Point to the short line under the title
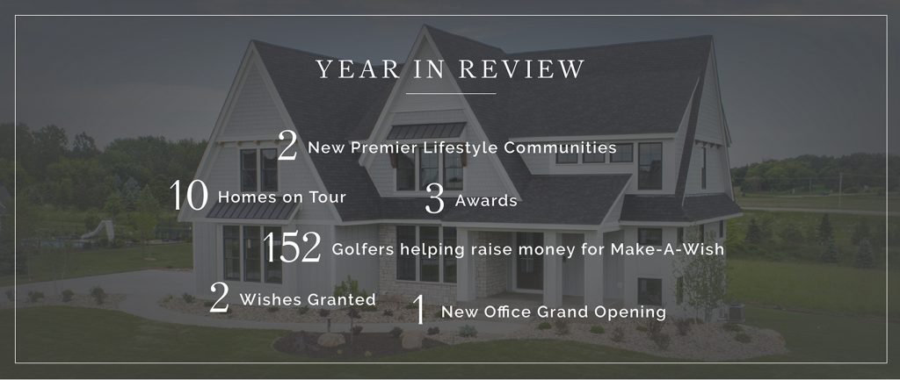point(451,93)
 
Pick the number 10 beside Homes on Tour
point(189,195)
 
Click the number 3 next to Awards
point(435,199)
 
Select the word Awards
point(486,201)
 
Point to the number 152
point(292,247)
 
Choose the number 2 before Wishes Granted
point(219,297)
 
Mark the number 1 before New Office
point(420,310)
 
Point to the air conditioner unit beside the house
point(733,313)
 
